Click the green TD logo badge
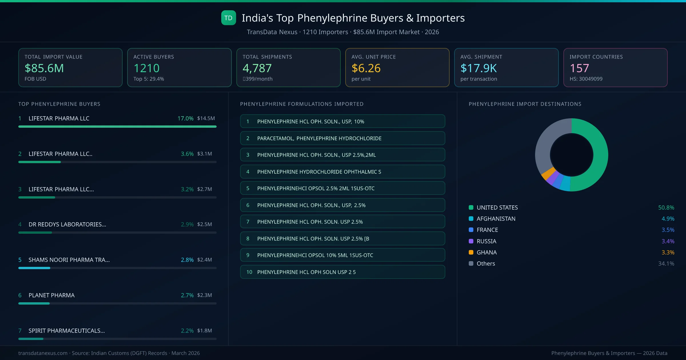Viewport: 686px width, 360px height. (228, 18)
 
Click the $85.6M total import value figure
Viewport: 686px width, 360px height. (44, 68)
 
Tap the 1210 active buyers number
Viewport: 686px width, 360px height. (146, 68)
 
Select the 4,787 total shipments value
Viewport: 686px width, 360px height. (257, 68)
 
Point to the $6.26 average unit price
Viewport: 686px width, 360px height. (366, 68)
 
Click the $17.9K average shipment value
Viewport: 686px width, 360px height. (478, 68)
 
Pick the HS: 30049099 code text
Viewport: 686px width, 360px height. (586, 79)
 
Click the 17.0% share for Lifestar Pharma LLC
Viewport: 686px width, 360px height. (185, 118)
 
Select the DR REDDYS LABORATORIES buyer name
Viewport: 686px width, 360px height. (67, 225)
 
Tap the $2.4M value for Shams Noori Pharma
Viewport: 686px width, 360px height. (204, 260)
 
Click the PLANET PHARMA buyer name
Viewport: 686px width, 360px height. (51, 295)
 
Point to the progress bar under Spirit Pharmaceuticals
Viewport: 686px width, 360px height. (117, 339)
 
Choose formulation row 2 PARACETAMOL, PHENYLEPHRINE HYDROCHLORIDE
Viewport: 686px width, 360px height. (342, 138)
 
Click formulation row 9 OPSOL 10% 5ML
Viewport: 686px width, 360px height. (342, 255)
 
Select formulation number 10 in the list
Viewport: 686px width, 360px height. (249, 272)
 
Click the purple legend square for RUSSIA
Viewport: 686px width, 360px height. (471, 241)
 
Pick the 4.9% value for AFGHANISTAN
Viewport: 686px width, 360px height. (668, 219)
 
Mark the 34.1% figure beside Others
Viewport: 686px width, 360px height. (666, 264)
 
